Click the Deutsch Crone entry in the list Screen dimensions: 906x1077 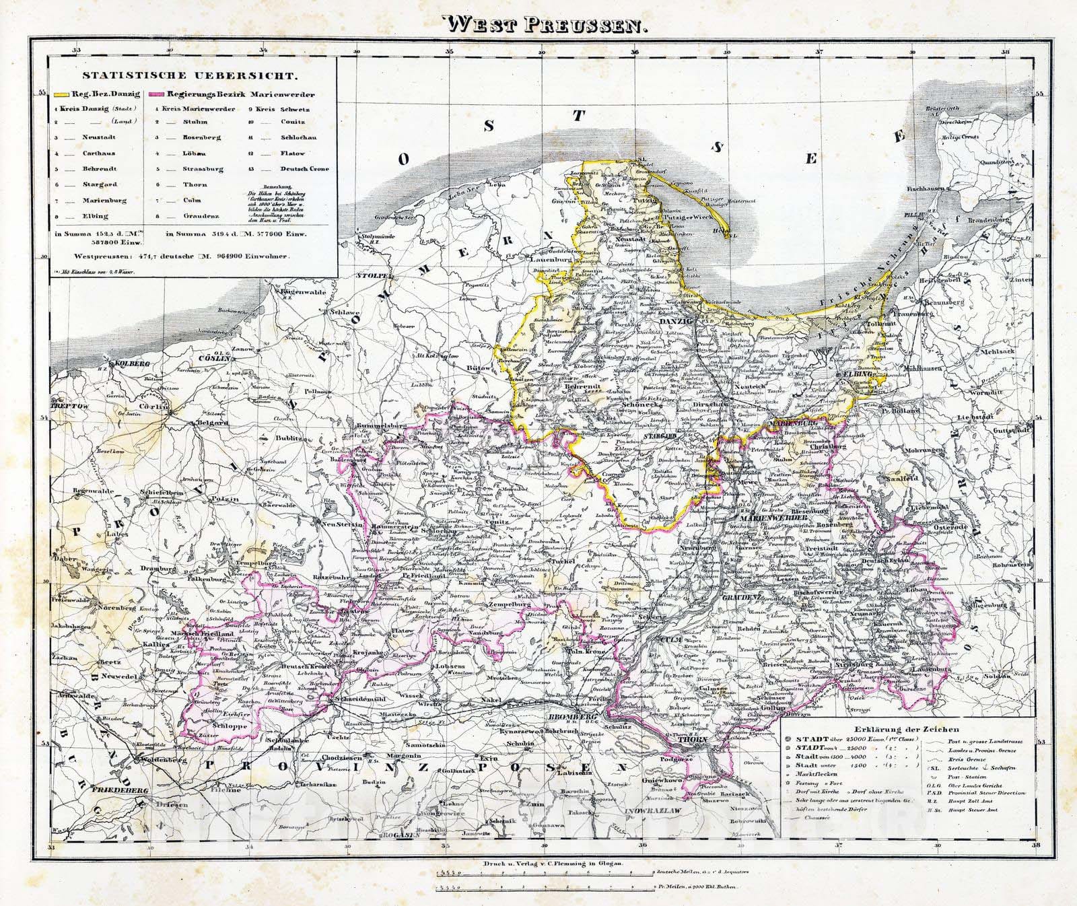click(x=304, y=168)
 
